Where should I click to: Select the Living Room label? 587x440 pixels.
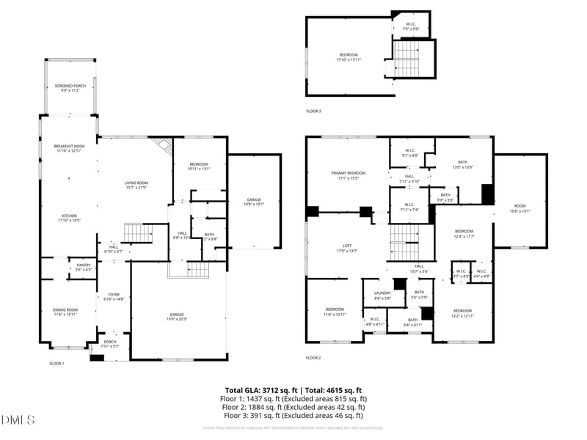(136, 185)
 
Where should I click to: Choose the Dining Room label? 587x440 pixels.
(65, 312)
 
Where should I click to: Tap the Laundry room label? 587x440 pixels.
(382, 296)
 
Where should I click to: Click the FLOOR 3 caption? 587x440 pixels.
(313, 111)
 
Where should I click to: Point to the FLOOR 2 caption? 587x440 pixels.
(313, 358)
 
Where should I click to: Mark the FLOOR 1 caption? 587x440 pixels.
(56, 364)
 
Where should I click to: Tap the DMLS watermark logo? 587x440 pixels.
(18, 419)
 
